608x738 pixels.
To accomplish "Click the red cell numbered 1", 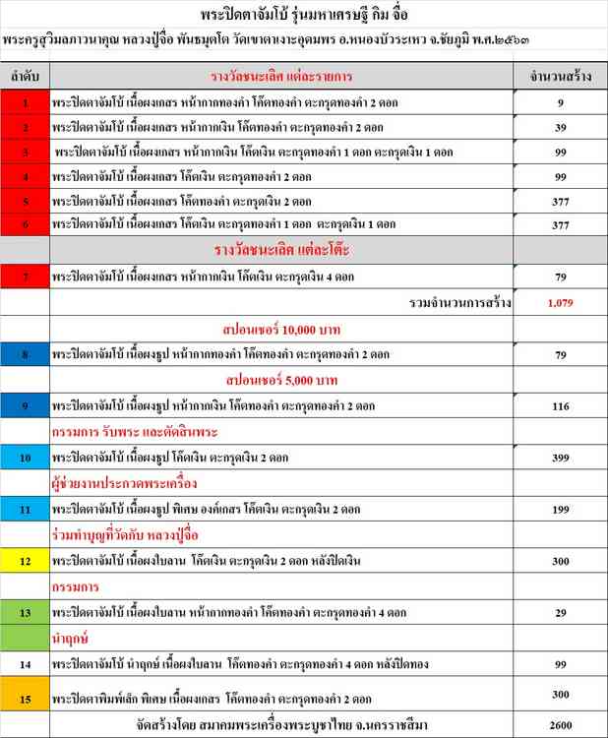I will [x=25, y=101].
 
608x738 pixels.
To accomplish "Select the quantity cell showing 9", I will [x=560, y=101].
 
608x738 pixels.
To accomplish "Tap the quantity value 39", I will [x=560, y=127].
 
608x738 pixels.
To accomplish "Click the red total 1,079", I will [x=560, y=304].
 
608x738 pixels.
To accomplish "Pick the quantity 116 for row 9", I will [x=560, y=405].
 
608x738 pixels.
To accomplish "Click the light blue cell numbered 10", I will [x=25, y=458].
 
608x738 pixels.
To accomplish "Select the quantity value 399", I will [x=560, y=458].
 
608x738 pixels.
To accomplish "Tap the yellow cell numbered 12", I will [x=25, y=560].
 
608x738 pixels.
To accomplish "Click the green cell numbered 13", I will [x=25, y=612].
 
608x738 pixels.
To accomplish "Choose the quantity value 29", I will [x=560, y=612].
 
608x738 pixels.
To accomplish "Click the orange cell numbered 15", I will [x=25, y=699].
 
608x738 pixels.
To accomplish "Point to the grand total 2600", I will [x=560, y=725].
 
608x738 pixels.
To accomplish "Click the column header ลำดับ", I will [x=25, y=75].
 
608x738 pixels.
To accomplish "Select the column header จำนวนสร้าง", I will [x=560, y=75].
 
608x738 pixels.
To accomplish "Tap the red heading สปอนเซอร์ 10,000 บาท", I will [x=282, y=329].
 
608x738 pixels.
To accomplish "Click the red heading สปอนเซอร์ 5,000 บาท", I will [x=282, y=380].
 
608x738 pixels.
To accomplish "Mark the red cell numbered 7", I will [x=25, y=278].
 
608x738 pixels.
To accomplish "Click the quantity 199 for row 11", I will [x=560, y=509].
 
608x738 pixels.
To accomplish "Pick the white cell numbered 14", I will [x=25, y=664].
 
